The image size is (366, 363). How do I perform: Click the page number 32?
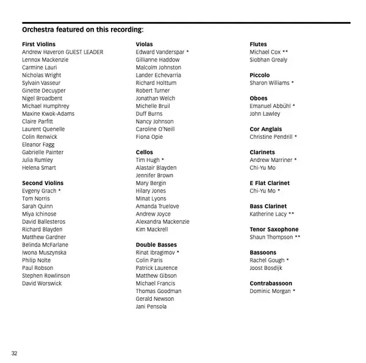(13, 353)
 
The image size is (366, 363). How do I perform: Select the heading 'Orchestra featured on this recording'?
(83, 29)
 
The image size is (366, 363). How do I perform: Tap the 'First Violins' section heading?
(38, 44)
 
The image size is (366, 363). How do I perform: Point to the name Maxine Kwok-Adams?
(48, 114)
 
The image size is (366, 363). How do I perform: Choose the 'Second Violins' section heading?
(43, 183)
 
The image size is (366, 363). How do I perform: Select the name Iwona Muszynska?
(44, 253)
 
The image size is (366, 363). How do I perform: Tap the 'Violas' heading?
(145, 44)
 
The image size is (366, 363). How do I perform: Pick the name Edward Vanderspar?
(160, 52)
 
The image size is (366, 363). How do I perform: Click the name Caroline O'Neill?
(156, 129)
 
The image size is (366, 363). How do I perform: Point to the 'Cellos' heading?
(145, 152)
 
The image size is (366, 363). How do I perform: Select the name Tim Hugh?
(148, 160)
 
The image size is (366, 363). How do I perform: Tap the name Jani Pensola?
(151, 306)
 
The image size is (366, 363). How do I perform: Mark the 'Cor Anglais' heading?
(266, 129)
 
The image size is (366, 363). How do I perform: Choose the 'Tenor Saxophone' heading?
(274, 230)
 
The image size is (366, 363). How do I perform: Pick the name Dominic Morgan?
(270, 291)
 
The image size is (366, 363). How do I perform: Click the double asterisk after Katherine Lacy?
(292, 214)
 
